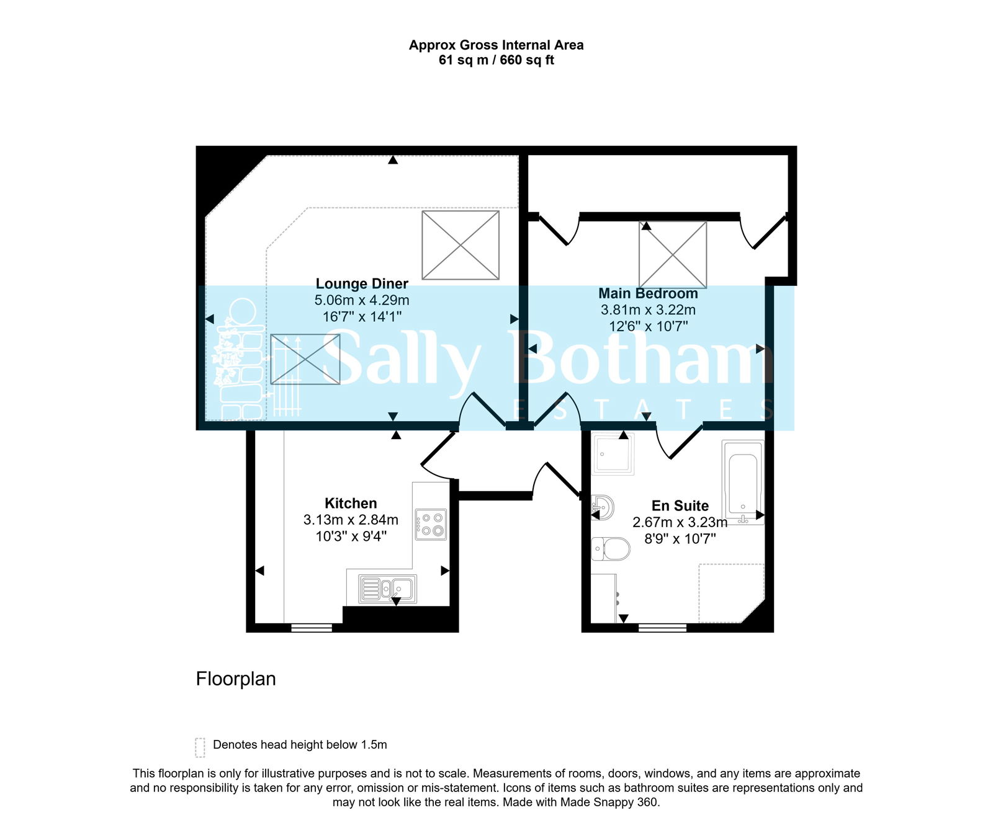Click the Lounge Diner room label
362,284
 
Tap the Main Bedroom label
648,293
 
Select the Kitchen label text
351,504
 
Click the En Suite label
680,506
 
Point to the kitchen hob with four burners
431,525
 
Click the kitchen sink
388,589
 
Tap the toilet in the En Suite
611,549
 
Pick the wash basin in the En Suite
603,507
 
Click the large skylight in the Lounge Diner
461,245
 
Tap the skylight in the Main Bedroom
673,255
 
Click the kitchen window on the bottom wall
312,628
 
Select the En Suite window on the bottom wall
662,628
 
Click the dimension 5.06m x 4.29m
362,301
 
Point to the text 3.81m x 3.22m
648,310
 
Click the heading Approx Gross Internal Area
496,45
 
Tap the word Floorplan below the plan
236,679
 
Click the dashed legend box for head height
200,747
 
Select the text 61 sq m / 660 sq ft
496,61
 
